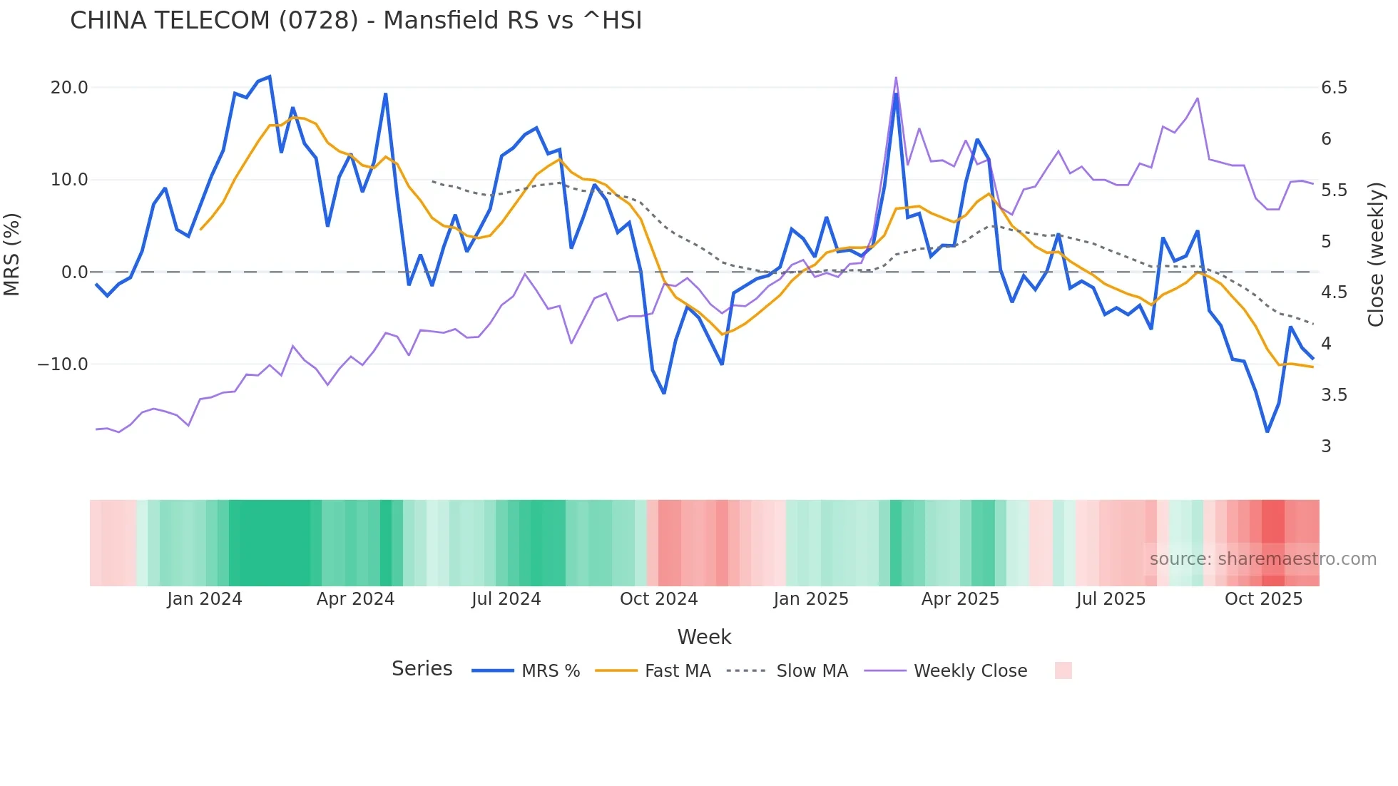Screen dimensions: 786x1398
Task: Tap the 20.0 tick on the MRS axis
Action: click(x=69, y=88)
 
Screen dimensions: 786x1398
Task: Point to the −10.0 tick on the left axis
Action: click(x=63, y=364)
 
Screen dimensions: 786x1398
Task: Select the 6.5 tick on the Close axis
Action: click(x=1334, y=88)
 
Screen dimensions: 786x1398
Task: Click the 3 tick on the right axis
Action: click(x=1326, y=446)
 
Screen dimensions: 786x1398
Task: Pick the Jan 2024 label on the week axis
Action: click(x=205, y=599)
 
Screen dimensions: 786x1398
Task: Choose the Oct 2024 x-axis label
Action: click(x=658, y=599)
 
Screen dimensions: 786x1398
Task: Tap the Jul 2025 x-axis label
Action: click(x=1111, y=599)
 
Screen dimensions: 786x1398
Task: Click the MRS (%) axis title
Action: click(x=12, y=254)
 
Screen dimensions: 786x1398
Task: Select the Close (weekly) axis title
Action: click(x=1376, y=254)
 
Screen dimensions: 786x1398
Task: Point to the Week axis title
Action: click(x=704, y=637)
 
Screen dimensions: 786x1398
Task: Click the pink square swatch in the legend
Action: click(x=1063, y=670)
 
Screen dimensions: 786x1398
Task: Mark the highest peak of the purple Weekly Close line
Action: click(x=896, y=78)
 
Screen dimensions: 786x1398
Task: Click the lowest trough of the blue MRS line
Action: click(x=1267, y=432)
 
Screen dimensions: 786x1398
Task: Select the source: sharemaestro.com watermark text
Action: click(x=1262, y=559)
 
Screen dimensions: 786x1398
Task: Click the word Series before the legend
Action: click(x=422, y=669)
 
